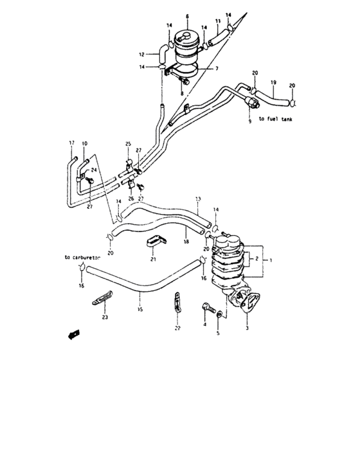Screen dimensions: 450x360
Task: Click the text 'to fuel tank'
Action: (x=280, y=120)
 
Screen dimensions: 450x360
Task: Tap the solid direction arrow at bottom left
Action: (x=73, y=334)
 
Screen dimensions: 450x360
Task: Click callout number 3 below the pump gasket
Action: (x=247, y=328)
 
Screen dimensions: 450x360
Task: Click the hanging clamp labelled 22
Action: (x=175, y=303)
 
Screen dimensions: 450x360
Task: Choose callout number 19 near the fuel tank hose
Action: (x=273, y=82)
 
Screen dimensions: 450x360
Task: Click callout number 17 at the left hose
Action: (x=71, y=142)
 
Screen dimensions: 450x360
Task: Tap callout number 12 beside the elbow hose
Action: (x=143, y=53)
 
